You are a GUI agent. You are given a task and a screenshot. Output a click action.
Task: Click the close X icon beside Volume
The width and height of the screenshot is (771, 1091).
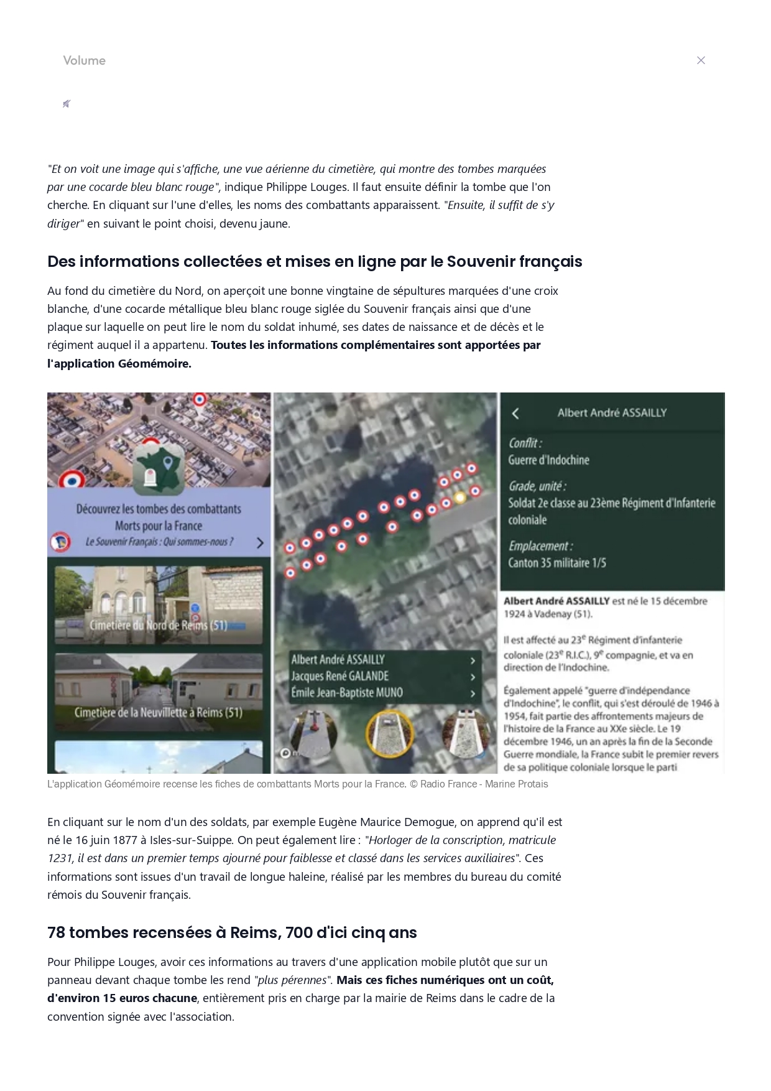[701, 60]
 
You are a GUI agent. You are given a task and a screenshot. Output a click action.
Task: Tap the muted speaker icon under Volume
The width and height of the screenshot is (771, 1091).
[67, 104]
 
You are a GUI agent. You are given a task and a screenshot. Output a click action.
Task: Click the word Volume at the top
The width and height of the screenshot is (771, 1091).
[84, 60]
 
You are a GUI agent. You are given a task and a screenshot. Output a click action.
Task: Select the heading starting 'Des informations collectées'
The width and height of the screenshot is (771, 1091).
[315, 261]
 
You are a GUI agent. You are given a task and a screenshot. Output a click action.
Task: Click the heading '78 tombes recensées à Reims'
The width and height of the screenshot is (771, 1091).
[232, 932]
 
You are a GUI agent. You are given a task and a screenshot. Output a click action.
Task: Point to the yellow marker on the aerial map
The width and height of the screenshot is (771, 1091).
[459, 497]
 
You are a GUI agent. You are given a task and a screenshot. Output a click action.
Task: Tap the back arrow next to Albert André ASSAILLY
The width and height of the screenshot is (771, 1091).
[515, 414]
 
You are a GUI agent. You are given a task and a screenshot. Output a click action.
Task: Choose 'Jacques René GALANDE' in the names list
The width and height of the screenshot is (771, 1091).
[340, 676]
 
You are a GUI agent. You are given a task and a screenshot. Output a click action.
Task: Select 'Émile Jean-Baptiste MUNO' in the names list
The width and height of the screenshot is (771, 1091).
[347, 692]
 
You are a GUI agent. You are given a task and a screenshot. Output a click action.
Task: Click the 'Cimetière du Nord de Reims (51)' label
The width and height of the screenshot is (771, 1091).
[158, 625]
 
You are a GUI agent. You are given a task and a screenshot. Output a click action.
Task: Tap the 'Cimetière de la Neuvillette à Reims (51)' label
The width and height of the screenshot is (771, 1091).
[158, 712]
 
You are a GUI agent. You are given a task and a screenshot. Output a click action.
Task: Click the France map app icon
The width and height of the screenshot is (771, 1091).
[159, 468]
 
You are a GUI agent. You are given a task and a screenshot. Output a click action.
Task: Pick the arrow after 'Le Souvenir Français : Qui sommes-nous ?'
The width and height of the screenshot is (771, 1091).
[260, 542]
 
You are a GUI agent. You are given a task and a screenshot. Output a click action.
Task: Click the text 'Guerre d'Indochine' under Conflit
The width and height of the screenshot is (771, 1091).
[548, 460]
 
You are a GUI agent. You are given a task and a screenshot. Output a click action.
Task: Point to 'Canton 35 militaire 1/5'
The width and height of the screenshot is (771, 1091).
[557, 563]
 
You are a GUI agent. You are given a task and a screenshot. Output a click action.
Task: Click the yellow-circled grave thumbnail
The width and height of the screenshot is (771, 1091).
[389, 735]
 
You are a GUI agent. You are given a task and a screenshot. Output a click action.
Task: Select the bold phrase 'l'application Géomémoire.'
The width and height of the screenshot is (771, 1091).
[119, 363]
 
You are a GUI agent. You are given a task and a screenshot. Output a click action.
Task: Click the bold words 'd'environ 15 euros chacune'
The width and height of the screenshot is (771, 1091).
[122, 998]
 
